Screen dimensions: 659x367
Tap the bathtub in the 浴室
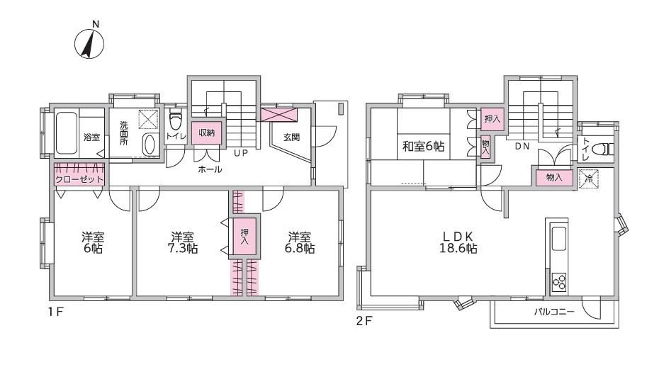[67, 133]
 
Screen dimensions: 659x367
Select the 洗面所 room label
[123, 133]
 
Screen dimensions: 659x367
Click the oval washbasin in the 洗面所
[149, 145]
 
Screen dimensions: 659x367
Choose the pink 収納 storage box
[206, 133]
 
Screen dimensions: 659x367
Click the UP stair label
[240, 153]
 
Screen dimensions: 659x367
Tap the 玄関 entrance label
[291, 137]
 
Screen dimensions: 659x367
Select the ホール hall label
[210, 169]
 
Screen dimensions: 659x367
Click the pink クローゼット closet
[79, 174]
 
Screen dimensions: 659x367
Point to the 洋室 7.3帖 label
[182, 242]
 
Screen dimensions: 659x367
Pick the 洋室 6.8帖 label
[300, 242]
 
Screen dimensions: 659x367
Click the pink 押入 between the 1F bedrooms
[244, 236]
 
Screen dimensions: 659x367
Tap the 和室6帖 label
[423, 146]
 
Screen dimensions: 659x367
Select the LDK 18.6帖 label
[458, 242]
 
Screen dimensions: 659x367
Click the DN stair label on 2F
[522, 146]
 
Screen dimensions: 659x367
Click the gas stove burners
[559, 282]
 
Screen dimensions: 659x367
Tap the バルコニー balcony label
[554, 312]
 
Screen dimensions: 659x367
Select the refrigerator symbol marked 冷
[588, 179]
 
